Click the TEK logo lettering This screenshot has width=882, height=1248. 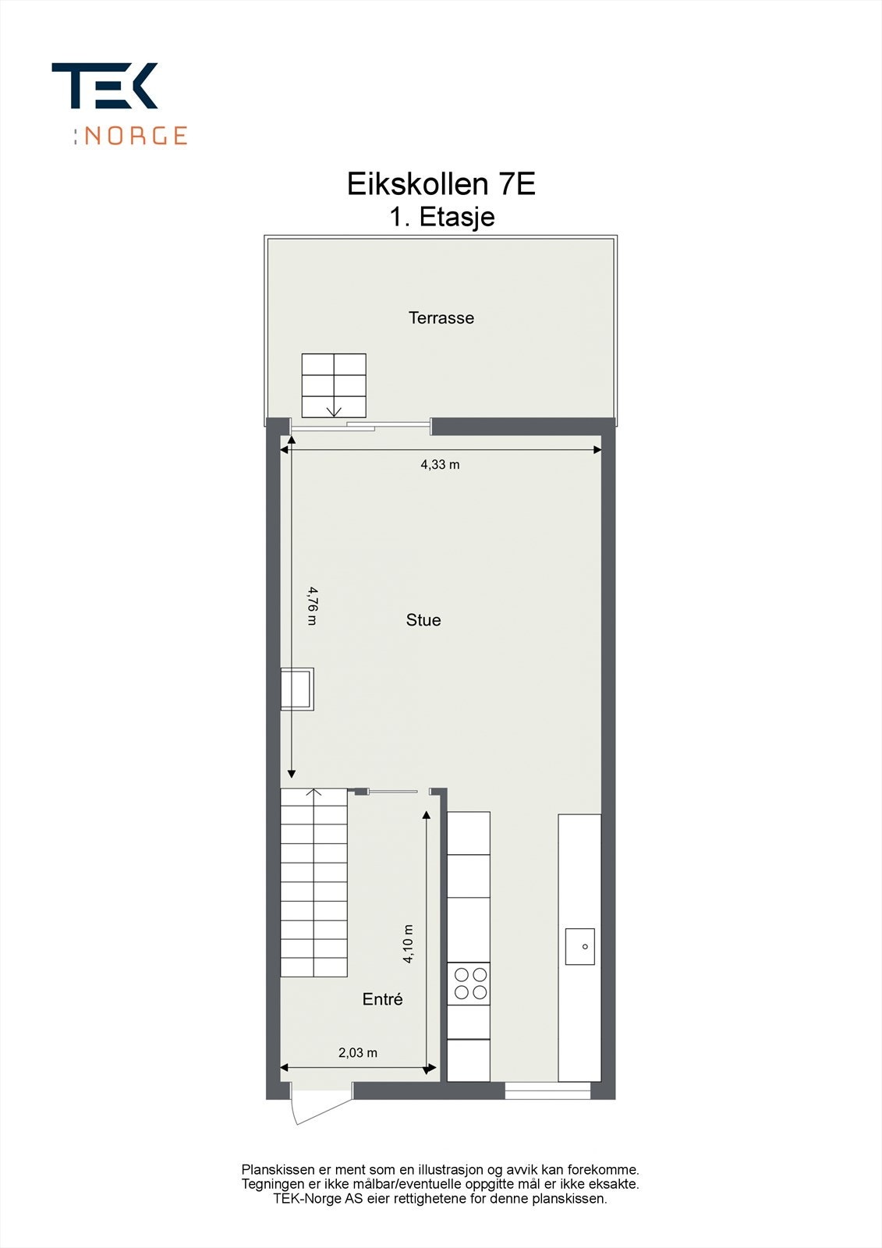click(x=104, y=86)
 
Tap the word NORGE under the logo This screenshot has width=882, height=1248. click(x=135, y=136)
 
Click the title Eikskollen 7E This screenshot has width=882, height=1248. click(x=441, y=185)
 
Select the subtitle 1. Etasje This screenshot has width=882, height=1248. click(x=441, y=217)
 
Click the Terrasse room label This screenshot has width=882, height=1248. click(x=441, y=317)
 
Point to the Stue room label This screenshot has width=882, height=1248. click(x=423, y=620)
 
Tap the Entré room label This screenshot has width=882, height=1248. click(x=382, y=999)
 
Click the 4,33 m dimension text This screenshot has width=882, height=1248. click(x=440, y=465)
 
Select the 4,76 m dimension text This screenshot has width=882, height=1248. click(x=312, y=606)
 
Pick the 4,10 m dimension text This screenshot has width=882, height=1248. click(x=408, y=944)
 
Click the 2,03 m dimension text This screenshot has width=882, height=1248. click(x=357, y=1053)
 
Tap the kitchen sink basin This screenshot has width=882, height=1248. click(x=579, y=946)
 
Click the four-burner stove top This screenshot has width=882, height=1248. click(x=469, y=983)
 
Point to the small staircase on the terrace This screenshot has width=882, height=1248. click(x=334, y=385)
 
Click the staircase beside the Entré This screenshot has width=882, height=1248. click(x=314, y=881)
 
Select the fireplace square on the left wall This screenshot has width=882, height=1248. click(x=297, y=689)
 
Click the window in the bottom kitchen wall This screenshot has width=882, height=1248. click(x=547, y=1090)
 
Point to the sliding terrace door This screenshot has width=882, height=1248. click(x=360, y=426)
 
